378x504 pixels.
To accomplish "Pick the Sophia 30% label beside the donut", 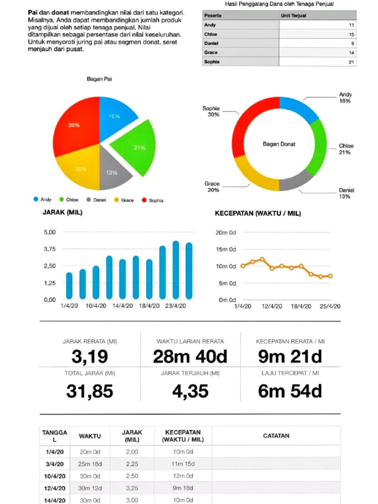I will point(211,111).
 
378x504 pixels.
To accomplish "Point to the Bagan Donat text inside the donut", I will point(279,144).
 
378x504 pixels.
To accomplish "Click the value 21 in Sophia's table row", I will point(350,62).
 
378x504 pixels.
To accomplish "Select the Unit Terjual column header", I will point(292,15).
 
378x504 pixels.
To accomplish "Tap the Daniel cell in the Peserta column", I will point(212,43).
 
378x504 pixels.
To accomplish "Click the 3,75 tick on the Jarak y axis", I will point(50,249).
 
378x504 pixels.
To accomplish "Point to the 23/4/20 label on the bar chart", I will point(175,306).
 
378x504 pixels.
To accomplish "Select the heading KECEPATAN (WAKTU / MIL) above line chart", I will point(257,214).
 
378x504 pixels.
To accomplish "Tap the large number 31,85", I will point(90,391).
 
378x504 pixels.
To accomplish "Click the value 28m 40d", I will point(190,356).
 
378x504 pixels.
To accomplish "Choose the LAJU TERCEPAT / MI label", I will point(290,373).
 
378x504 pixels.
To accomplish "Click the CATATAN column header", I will point(276,436).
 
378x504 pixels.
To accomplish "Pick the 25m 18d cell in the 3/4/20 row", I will point(90,464).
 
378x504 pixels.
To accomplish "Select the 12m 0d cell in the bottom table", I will point(184,476).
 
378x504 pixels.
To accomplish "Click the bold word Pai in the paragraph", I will point(33,11).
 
